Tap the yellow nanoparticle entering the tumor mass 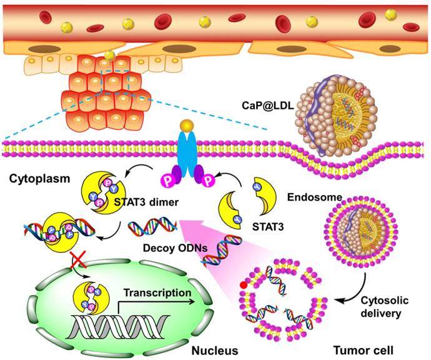[109, 56]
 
